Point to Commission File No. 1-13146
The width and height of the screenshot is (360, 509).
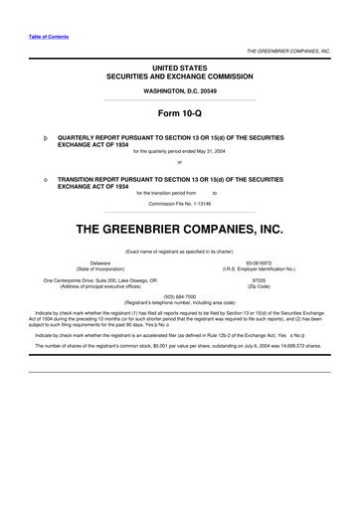pos(180,202)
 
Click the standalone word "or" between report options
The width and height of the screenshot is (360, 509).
pos(180,163)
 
